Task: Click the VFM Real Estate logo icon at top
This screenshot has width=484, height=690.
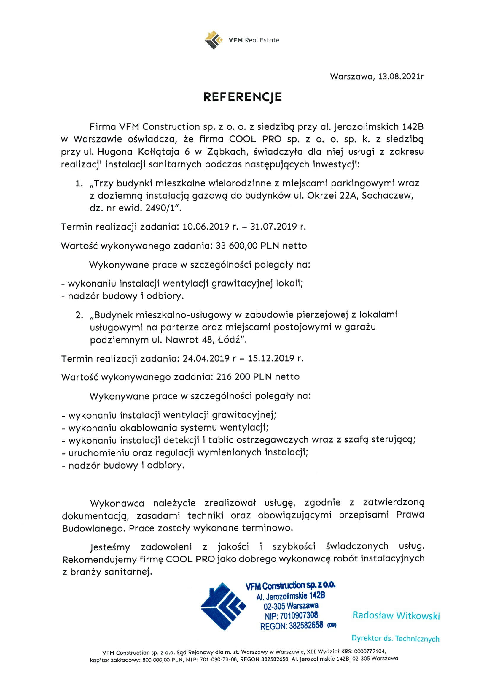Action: point(214,40)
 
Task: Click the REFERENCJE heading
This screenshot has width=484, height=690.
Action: point(242,97)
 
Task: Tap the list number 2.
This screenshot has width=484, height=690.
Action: point(79,315)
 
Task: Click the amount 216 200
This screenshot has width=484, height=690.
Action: point(233,377)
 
